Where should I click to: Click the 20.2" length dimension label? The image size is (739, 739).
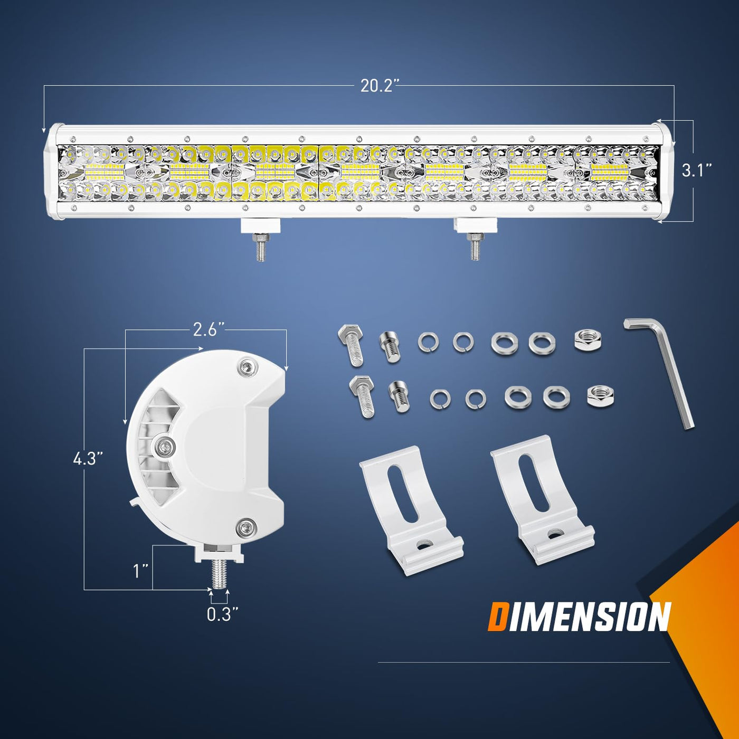[x=377, y=86]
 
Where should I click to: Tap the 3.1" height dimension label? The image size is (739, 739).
[x=697, y=170]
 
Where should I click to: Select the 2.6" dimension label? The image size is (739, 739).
[x=208, y=329]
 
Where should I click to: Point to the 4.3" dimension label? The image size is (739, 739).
[x=88, y=458]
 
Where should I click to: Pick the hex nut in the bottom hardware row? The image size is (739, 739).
[x=600, y=396]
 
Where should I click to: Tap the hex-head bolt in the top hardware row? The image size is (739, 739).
[x=351, y=344]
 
